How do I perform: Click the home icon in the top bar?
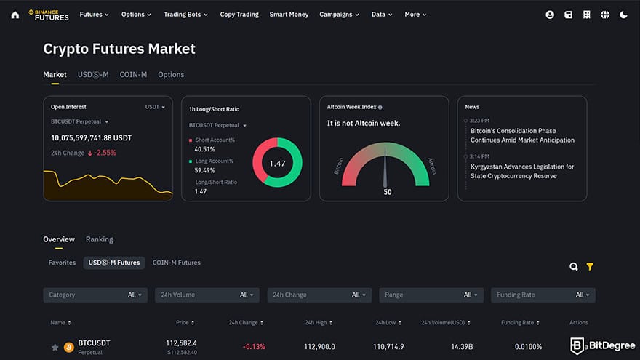(x=15, y=15)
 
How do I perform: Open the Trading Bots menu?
(x=185, y=15)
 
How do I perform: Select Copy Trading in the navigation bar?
(x=239, y=15)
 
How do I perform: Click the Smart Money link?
(x=289, y=15)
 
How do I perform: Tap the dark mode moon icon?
(x=623, y=15)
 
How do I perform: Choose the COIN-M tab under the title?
(x=133, y=74)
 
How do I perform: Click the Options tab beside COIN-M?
(x=171, y=74)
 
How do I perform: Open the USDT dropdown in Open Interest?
(x=155, y=107)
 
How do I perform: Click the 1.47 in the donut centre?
(x=277, y=164)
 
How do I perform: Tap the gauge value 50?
(x=388, y=192)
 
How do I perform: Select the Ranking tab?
(x=100, y=239)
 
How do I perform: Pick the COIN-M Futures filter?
(x=176, y=263)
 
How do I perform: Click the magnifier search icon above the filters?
(x=574, y=267)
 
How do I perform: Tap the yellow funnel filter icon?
(x=590, y=267)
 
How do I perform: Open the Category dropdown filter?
(x=95, y=295)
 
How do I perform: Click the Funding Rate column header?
(x=519, y=322)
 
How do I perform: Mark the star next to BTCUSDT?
(x=55, y=348)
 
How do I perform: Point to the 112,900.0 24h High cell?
(x=319, y=347)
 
